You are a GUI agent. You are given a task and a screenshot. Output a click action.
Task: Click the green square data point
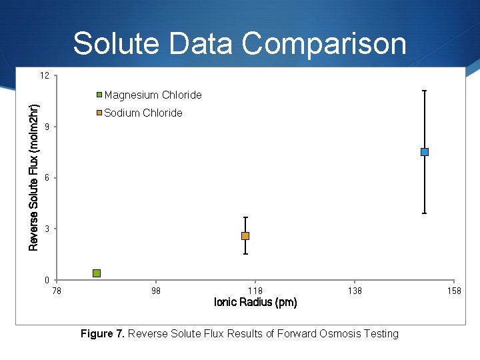pos(97,273)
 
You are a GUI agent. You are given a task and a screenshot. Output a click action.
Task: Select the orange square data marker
pos(245,236)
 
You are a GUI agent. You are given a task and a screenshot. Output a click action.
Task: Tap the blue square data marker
pos(425,152)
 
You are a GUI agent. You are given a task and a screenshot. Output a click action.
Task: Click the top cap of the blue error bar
pos(425,91)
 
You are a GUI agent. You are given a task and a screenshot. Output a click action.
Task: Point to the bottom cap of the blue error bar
pos(425,213)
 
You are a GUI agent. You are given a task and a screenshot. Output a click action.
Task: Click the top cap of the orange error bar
pos(245,217)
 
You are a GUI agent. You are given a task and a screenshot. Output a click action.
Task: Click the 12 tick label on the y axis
pos(44,76)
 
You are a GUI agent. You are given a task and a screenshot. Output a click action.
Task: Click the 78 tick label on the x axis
pos(57,291)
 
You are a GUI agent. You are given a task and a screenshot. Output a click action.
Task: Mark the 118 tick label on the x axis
pos(255,291)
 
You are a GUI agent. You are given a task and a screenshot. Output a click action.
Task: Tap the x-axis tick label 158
pos(453,291)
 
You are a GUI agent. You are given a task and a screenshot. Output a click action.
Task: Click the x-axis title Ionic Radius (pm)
pos(255,303)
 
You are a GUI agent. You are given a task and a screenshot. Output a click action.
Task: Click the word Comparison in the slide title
pos(324,44)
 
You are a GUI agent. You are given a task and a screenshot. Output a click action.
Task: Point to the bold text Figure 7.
pos(102,333)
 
